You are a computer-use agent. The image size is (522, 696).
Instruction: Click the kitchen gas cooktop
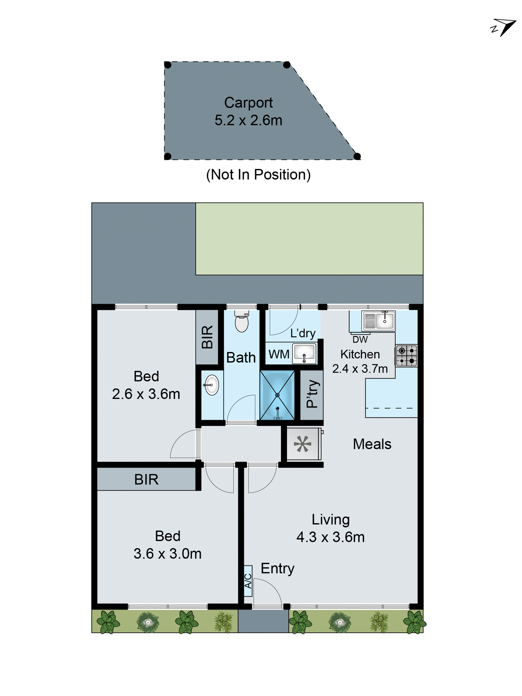[x=406, y=355]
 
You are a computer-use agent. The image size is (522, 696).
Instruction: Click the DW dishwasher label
[x=360, y=339]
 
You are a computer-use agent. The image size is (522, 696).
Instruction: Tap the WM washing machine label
[x=279, y=354]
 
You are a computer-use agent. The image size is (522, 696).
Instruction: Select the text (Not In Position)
[x=258, y=175]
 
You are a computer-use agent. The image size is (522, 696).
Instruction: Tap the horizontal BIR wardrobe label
[x=146, y=479]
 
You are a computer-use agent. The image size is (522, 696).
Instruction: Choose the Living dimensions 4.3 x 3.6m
[x=330, y=537]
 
